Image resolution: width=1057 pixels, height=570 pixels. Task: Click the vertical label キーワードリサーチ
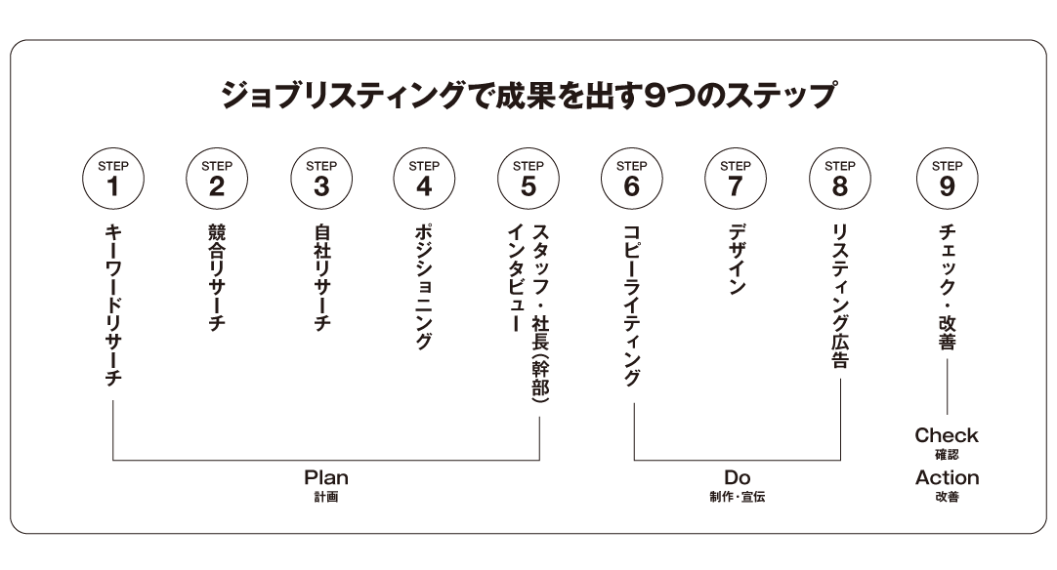pyautogui.click(x=113, y=305)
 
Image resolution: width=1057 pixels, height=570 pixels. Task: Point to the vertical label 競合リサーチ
pyautogui.click(x=217, y=277)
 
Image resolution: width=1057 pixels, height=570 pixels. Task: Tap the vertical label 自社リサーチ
pyautogui.click(x=322, y=277)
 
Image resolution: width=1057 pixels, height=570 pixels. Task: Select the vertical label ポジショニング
pyautogui.click(x=423, y=287)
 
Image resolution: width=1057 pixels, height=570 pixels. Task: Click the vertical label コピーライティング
pyautogui.click(x=632, y=305)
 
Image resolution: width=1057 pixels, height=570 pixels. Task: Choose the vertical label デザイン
pyautogui.click(x=737, y=260)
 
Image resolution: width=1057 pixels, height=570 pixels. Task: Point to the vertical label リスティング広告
pyautogui.click(x=840, y=297)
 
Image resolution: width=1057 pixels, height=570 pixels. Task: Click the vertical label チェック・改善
pyautogui.click(x=948, y=288)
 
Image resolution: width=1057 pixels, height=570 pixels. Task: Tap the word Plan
pyautogui.click(x=326, y=477)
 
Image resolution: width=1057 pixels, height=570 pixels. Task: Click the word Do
pyautogui.click(x=738, y=477)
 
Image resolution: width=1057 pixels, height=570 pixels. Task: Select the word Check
pyautogui.click(x=947, y=435)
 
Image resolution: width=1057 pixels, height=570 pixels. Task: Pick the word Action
pyautogui.click(x=948, y=477)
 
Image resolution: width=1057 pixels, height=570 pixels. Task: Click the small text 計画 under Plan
pyautogui.click(x=326, y=497)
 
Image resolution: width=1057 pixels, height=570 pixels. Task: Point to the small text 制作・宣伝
pyautogui.click(x=738, y=497)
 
